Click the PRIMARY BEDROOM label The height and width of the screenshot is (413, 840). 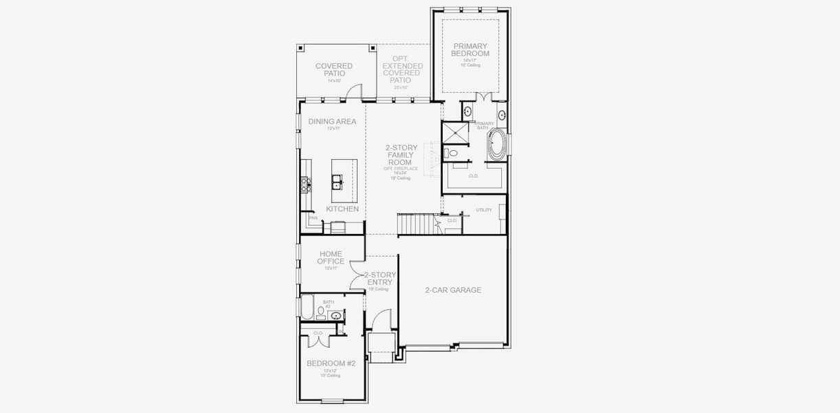[471, 50]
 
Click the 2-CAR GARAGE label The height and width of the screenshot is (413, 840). [453, 290]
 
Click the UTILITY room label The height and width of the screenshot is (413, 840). [484, 209]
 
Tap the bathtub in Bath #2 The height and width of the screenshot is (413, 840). [307, 307]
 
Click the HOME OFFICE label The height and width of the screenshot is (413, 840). [331, 257]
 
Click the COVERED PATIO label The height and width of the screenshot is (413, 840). [334, 70]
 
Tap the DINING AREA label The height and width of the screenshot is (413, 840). [332, 122]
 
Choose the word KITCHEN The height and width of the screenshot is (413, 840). [342, 209]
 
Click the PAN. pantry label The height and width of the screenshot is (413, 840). [313, 218]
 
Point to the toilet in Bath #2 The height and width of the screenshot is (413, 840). [321, 311]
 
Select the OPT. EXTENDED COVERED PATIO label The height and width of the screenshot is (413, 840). [401, 70]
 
